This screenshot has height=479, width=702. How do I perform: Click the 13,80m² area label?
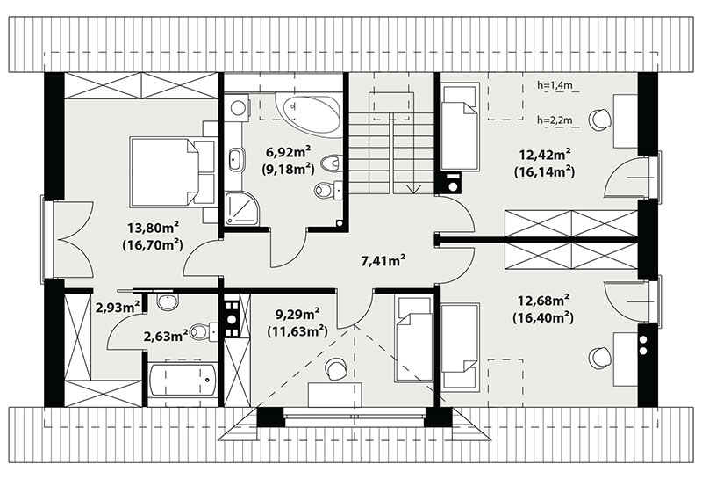(150, 228)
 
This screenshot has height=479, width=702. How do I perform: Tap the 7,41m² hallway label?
(383, 260)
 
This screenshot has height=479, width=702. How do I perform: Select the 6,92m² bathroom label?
(289, 152)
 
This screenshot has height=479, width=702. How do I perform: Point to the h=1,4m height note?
(555, 84)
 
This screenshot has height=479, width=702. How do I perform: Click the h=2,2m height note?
(555, 120)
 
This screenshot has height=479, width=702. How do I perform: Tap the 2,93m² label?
(118, 308)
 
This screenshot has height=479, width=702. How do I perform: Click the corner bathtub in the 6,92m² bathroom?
(309, 112)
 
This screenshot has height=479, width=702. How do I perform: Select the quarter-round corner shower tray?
(240, 208)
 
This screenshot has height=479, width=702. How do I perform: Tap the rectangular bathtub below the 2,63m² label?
(183, 381)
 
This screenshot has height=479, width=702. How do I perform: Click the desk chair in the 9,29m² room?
(336, 368)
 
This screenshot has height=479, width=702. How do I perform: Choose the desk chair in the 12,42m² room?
(599, 120)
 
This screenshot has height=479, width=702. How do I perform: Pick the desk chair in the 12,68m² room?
(599, 358)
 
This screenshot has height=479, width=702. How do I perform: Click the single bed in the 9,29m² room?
(413, 340)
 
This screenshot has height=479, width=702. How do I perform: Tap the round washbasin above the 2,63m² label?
(168, 301)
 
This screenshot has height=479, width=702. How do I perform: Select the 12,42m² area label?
(545, 155)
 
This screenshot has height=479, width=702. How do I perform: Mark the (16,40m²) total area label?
(543, 317)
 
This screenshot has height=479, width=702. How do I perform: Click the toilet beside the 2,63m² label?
(204, 332)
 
